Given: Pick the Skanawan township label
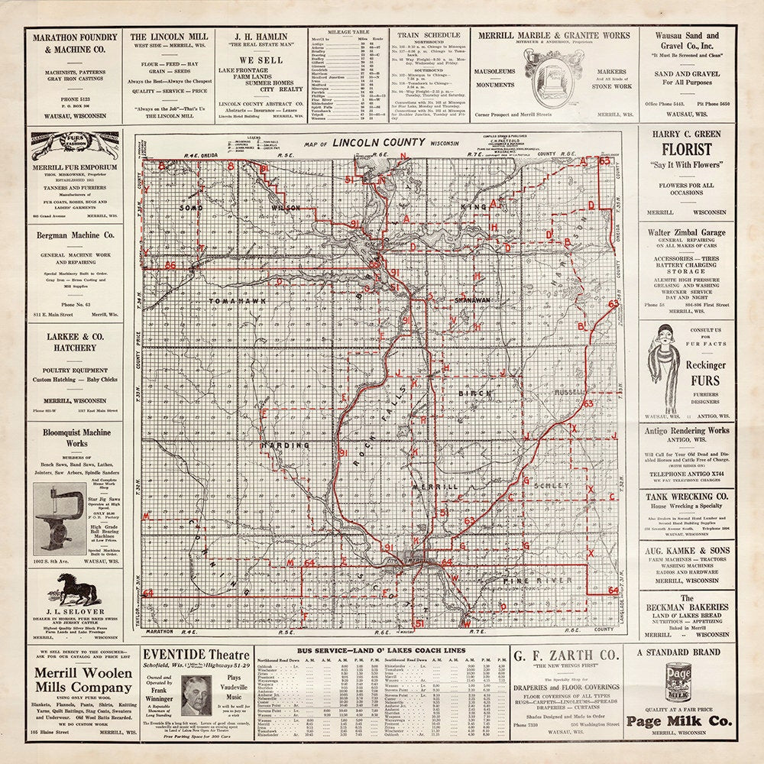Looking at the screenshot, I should click(x=471, y=301).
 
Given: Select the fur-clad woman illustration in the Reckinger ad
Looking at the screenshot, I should click(x=662, y=358).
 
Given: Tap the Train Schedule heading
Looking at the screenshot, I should click(x=427, y=35).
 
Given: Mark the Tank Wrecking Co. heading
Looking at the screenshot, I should click(x=687, y=496).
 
